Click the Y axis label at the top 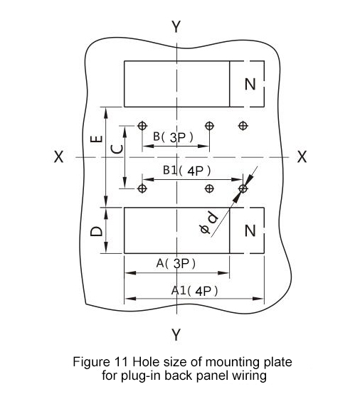tap(176, 26)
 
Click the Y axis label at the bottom tap(176, 334)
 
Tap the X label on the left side tap(59, 156)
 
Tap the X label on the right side tap(302, 156)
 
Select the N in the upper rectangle tap(250, 84)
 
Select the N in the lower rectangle tap(250, 230)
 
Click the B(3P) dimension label tap(174, 137)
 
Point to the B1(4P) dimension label tap(187, 171)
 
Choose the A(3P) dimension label tap(176, 263)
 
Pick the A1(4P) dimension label tap(194, 291)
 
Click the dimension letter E tap(97, 139)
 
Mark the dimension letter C tap(117, 149)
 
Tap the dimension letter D tap(97, 232)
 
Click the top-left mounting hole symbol tap(142, 125)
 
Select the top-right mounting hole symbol tap(243, 125)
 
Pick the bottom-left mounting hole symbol tap(142, 188)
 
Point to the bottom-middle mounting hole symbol tap(209, 188)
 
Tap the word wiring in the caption tap(249, 376)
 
